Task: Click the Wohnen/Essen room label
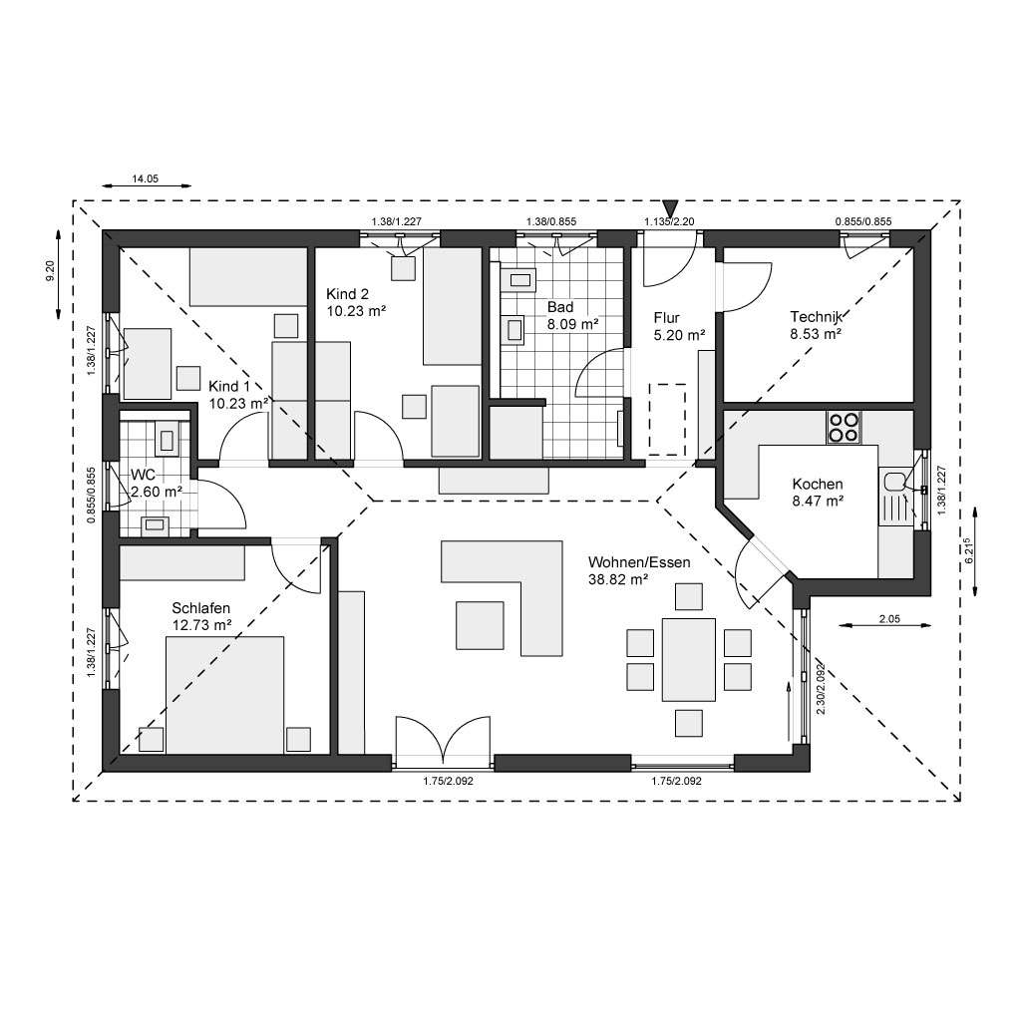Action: coord(638,561)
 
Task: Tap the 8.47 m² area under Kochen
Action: coord(818,502)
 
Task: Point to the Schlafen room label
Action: coord(201,607)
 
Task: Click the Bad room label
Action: coord(559,307)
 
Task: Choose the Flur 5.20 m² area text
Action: coord(679,336)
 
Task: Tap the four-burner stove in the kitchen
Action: coord(843,427)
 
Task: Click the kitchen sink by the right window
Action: coord(894,482)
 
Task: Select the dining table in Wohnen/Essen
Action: coord(688,659)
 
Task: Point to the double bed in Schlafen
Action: coord(223,695)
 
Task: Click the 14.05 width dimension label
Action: coord(146,179)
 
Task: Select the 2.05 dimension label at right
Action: coord(889,619)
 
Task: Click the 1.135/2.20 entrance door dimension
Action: coord(669,221)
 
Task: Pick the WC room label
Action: coord(143,474)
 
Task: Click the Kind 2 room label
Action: coord(348,294)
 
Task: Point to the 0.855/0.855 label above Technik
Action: coord(862,221)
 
